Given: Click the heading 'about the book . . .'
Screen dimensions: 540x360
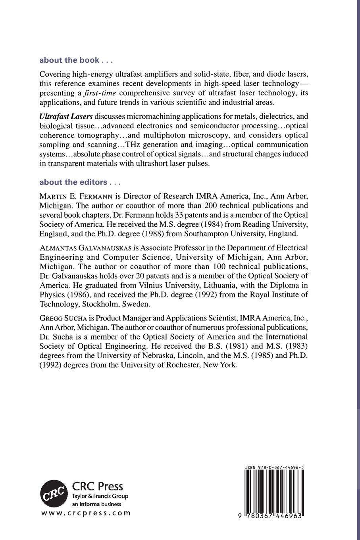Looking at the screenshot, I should pos(76,60).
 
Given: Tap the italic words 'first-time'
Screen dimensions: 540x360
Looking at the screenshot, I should pos(100,93).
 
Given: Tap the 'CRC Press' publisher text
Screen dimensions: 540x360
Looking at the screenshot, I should pos(97,486).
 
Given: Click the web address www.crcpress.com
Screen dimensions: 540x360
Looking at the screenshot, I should pos(86,513).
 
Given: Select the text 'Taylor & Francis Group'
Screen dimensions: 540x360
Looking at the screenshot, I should pos(100,496).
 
